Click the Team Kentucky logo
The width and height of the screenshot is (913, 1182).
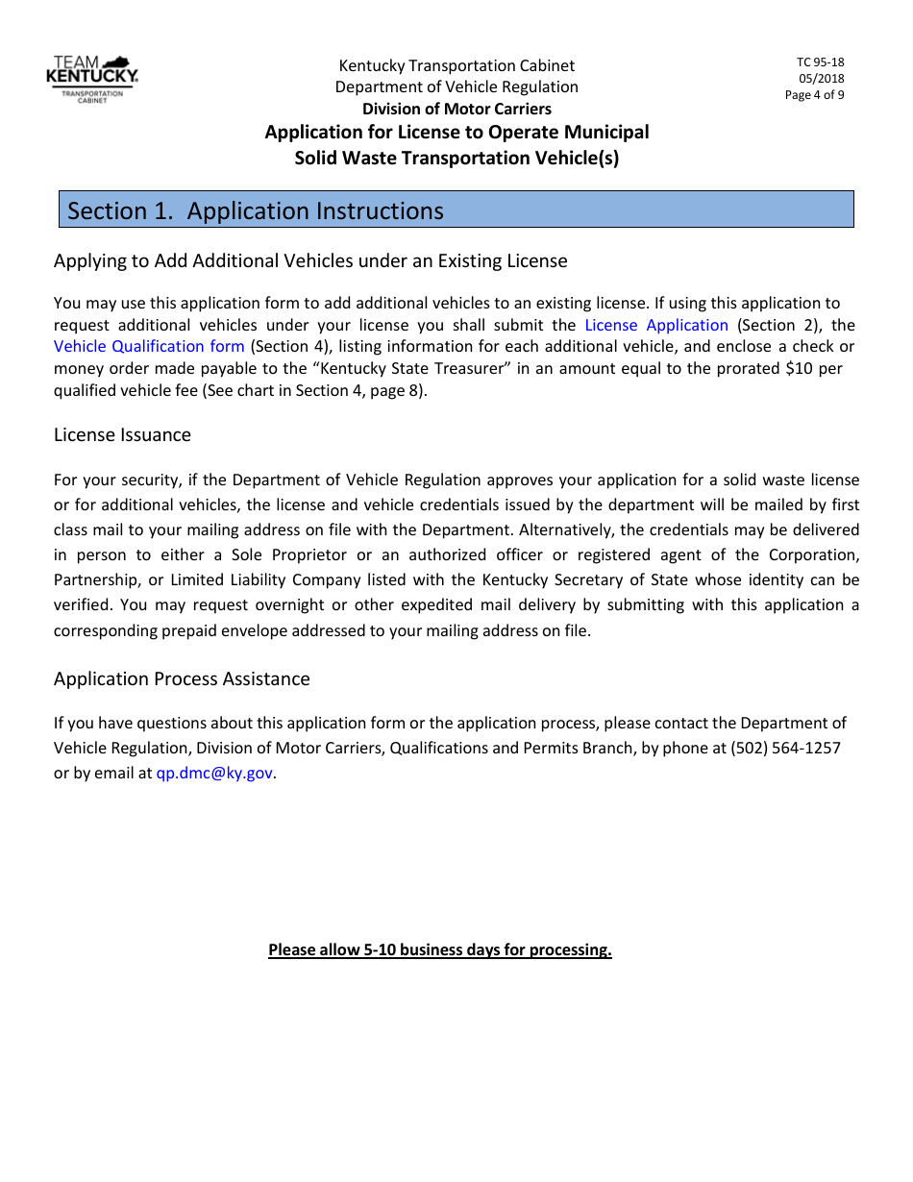tap(92, 78)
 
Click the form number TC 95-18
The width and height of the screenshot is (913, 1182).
tap(820, 62)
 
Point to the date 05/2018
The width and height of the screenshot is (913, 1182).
tap(821, 79)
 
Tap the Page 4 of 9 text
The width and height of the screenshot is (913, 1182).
tap(814, 94)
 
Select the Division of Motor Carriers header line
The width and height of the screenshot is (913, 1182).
tap(456, 109)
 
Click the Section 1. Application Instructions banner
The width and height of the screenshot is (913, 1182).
tap(456, 210)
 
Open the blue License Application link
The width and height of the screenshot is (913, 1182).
tap(656, 325)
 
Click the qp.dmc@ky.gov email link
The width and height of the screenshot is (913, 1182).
tap(214, 773)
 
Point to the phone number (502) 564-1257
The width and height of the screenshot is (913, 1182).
tap(785, 748)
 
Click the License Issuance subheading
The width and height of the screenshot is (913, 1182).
tap(122, 435)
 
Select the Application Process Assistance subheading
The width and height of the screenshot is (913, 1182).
tap(182, 679)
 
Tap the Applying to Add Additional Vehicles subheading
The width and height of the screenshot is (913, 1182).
tap(310, 261)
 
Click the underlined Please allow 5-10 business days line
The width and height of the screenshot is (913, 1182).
tap(440, 950)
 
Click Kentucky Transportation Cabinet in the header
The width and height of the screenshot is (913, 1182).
tap(456, 65)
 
